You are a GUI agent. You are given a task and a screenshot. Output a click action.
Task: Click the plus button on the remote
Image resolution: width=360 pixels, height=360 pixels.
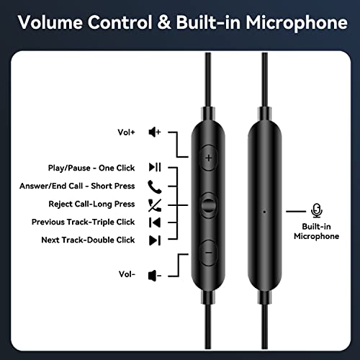[x=209, y=158]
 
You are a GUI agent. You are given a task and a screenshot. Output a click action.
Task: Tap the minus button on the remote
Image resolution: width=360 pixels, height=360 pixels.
[x=209, y=253]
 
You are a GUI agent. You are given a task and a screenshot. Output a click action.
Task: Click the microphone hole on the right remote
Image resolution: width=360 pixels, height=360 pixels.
[x=264, y=212]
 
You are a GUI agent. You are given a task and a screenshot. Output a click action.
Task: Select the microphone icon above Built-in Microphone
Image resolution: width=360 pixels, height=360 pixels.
[x=317, y=210]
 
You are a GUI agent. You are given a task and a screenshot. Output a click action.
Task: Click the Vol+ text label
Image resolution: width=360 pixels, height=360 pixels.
[x=126, y=132]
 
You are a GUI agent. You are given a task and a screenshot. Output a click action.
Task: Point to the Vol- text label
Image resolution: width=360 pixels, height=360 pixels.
[x=127, y=274]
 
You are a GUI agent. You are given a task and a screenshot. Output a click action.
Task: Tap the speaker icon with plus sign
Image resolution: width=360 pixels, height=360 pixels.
[x=155, y=132]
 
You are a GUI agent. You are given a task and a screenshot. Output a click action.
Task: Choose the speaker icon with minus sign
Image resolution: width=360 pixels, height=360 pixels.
[x=155, y=276]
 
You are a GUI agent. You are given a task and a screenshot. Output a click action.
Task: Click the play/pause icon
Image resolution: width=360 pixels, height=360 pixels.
[x=155, y=167]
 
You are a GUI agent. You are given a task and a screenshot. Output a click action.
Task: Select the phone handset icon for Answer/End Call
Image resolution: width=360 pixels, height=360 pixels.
[x=155, y=186]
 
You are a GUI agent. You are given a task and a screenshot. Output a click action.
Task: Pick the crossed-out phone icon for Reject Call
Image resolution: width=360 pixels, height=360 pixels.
[x=155, y=205]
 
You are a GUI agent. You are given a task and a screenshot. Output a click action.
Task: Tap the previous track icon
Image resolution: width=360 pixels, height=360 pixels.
[x=155, y=222]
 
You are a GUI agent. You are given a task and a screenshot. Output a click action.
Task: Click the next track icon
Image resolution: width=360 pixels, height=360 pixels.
[x=155, y=240]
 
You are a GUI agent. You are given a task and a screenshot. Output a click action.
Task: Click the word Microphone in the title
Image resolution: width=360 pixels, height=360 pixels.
[x=297, y=23]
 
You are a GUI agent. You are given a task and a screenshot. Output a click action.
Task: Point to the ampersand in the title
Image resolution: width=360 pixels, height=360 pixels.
[x=164, y=22]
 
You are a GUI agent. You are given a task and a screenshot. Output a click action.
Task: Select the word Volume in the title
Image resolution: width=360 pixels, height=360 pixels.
[x=50, y=22]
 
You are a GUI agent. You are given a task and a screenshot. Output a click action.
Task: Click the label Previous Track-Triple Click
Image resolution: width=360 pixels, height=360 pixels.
[x=83, y=222]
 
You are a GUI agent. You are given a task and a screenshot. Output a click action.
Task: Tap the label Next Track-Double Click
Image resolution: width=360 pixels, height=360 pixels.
[x=88, y=240]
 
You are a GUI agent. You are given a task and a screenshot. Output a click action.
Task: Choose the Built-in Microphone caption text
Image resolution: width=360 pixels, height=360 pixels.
[x=317, y=231]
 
